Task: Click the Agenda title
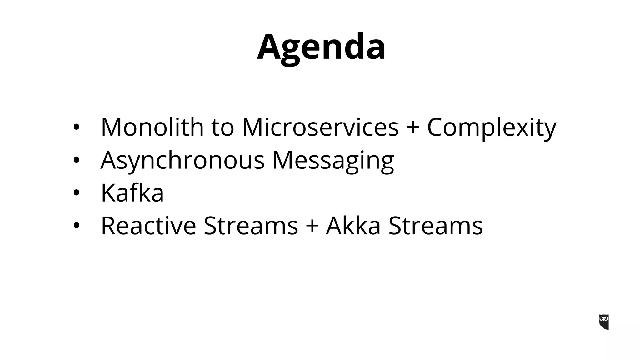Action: point(321,47)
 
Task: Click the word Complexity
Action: point(492,127)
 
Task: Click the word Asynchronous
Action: point(182,160)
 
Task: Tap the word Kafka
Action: point(132,193)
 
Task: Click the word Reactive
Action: point(148,226)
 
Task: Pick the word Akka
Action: point(353,226)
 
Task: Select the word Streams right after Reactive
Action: point(251,226)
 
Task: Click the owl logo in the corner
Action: point(603,322)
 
